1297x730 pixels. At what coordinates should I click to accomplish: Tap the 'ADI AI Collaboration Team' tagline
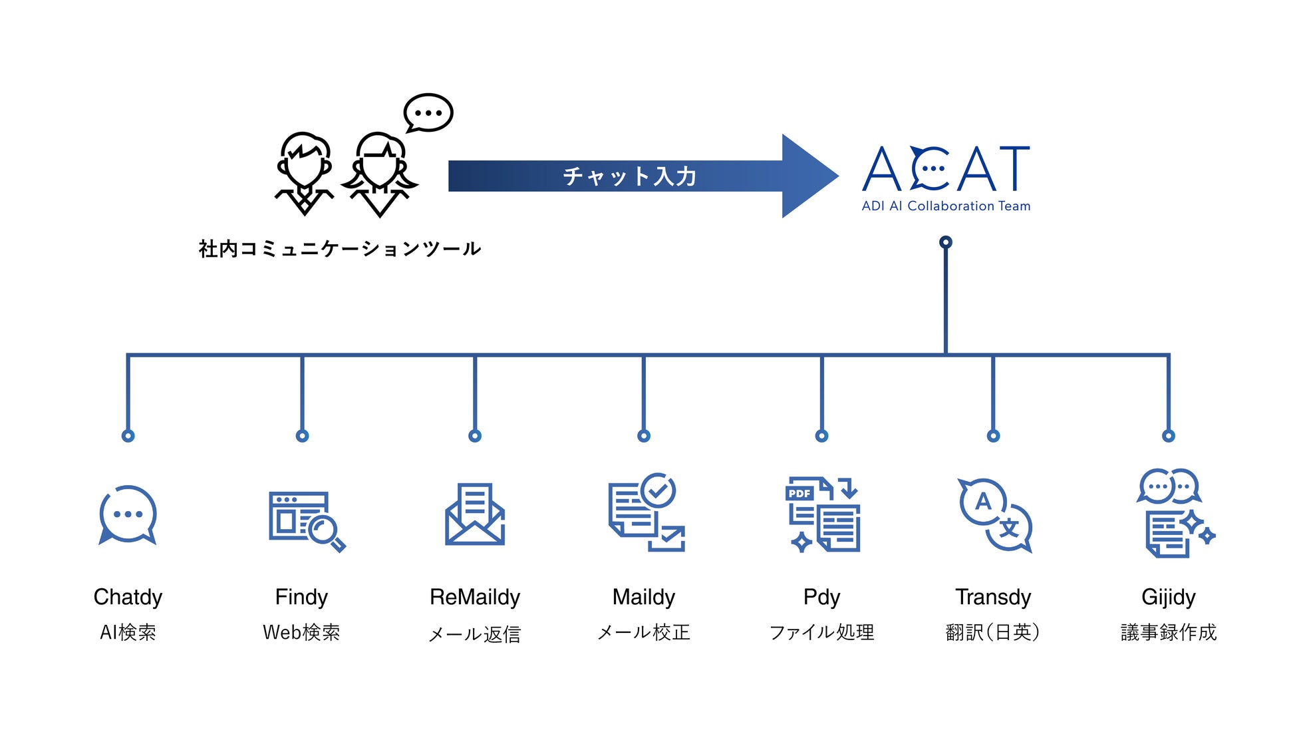click(x=945, y=206)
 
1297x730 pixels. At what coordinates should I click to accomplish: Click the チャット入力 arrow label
click(x=629, y=176)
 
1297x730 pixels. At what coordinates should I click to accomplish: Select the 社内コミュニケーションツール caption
click(x=340, y=249)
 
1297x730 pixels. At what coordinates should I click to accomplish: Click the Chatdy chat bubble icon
click(x=128, y=515)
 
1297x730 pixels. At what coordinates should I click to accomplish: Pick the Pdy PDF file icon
click(x=822, y=514)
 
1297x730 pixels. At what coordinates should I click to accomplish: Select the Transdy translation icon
click(x=994, y=515)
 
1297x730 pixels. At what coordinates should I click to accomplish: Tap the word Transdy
click(x=993, y=597)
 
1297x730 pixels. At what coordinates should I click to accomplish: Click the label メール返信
click(x=475, y=634)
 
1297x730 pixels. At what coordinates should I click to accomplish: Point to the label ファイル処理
click(x=821, y=632)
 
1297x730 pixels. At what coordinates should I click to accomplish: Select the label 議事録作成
click(x=1169, y=632)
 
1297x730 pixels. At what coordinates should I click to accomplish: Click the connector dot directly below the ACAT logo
click(x=945, y=242)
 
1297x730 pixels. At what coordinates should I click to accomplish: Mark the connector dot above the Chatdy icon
click(x=128, y=436)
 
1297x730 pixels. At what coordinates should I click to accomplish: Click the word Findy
click(x=301, y=597)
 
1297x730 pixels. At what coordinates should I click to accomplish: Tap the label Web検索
click(x=301, y=632)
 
